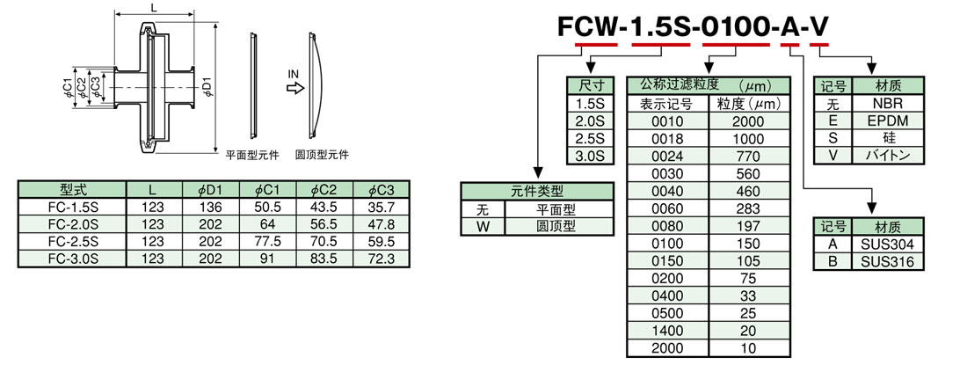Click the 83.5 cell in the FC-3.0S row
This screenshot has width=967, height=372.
coord(324,259)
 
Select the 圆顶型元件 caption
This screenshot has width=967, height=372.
coord(322,155)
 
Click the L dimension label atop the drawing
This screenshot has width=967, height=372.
coord(155,7)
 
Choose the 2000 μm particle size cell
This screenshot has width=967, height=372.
coord(747,120)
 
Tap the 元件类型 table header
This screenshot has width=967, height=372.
coord(536,191)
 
